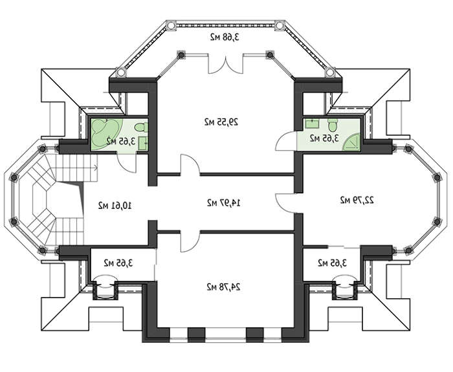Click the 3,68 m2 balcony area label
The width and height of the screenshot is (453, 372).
(x=225, y=38)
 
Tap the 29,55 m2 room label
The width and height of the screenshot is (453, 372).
(x=221, y=122)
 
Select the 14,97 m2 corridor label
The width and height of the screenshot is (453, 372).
(x=224, y=202)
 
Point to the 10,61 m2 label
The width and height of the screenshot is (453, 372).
(x=115, y=205)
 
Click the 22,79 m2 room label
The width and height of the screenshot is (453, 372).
(x=357, y=200)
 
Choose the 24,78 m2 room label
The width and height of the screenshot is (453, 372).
(x=223, y=287)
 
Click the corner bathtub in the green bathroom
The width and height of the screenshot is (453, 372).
(x=106, y=135)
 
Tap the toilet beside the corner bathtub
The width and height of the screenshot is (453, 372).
(x=141, y=127)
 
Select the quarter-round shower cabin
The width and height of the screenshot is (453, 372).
(x=351, y=142)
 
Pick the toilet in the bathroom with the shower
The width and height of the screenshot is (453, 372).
(x=333, y=124)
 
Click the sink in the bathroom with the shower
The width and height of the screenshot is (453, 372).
(x=313, y=124)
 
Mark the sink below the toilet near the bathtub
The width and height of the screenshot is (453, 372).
(x=143, y=143)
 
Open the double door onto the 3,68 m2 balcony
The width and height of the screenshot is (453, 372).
(x=226, y=64)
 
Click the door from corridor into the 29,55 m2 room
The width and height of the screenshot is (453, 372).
(x=190, y=165)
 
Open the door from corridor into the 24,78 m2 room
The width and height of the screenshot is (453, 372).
(x=190, y=241)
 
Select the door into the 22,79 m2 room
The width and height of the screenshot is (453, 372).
(x=285, y=203)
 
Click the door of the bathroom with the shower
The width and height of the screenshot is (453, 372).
(x=286, y=140)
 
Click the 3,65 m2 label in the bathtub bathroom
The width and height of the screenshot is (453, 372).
(x=121, y=141)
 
